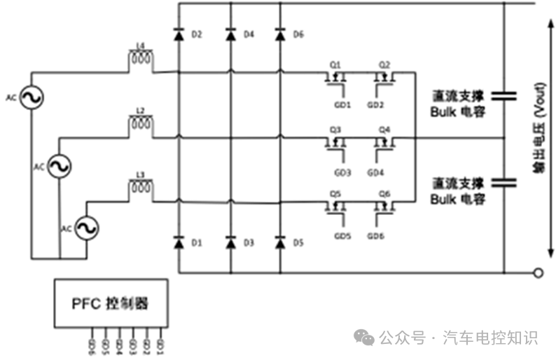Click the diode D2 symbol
coord(179,34)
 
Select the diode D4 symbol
coord(230,34)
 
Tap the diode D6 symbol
coord(280,34)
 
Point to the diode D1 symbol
coord(179,242)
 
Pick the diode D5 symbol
coord(280,242)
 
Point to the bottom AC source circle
coord(87,228)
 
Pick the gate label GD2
coord(376,106)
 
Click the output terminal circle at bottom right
coord(538,272)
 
